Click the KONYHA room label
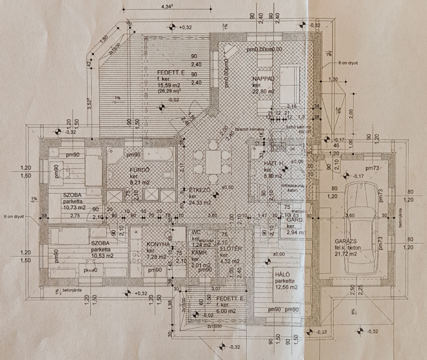coord(158,244)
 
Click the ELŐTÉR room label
coord(231,249)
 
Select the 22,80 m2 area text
coord(263,92)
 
